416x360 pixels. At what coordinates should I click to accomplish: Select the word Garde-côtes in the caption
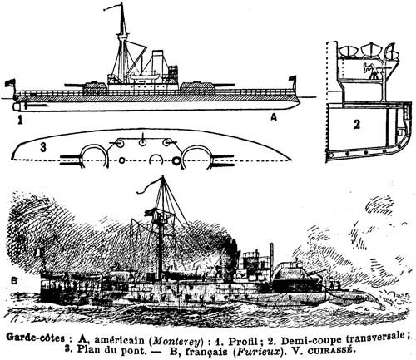(36, 338)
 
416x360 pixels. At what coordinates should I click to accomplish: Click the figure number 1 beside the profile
(20, 121)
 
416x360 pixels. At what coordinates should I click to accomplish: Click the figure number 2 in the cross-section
(357, 125)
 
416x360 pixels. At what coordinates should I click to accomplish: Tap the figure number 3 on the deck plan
(43, 147)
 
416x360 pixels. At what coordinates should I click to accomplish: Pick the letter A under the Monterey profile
(274, 118)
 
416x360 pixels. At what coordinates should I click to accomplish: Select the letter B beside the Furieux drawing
(14, 281)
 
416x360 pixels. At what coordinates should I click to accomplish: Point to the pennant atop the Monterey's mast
(112, 7)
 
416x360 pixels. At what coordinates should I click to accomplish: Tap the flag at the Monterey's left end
(10, 83)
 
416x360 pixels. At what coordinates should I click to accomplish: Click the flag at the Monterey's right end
(292, 78)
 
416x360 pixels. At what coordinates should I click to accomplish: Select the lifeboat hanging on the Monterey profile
(145, 76)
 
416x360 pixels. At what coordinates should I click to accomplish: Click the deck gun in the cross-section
(372, 70)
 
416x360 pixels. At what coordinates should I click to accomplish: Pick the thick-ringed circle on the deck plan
(176, 160)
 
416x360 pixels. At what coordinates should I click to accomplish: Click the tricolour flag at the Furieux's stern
(39, 253)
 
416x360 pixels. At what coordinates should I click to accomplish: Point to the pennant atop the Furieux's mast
(148, 186)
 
